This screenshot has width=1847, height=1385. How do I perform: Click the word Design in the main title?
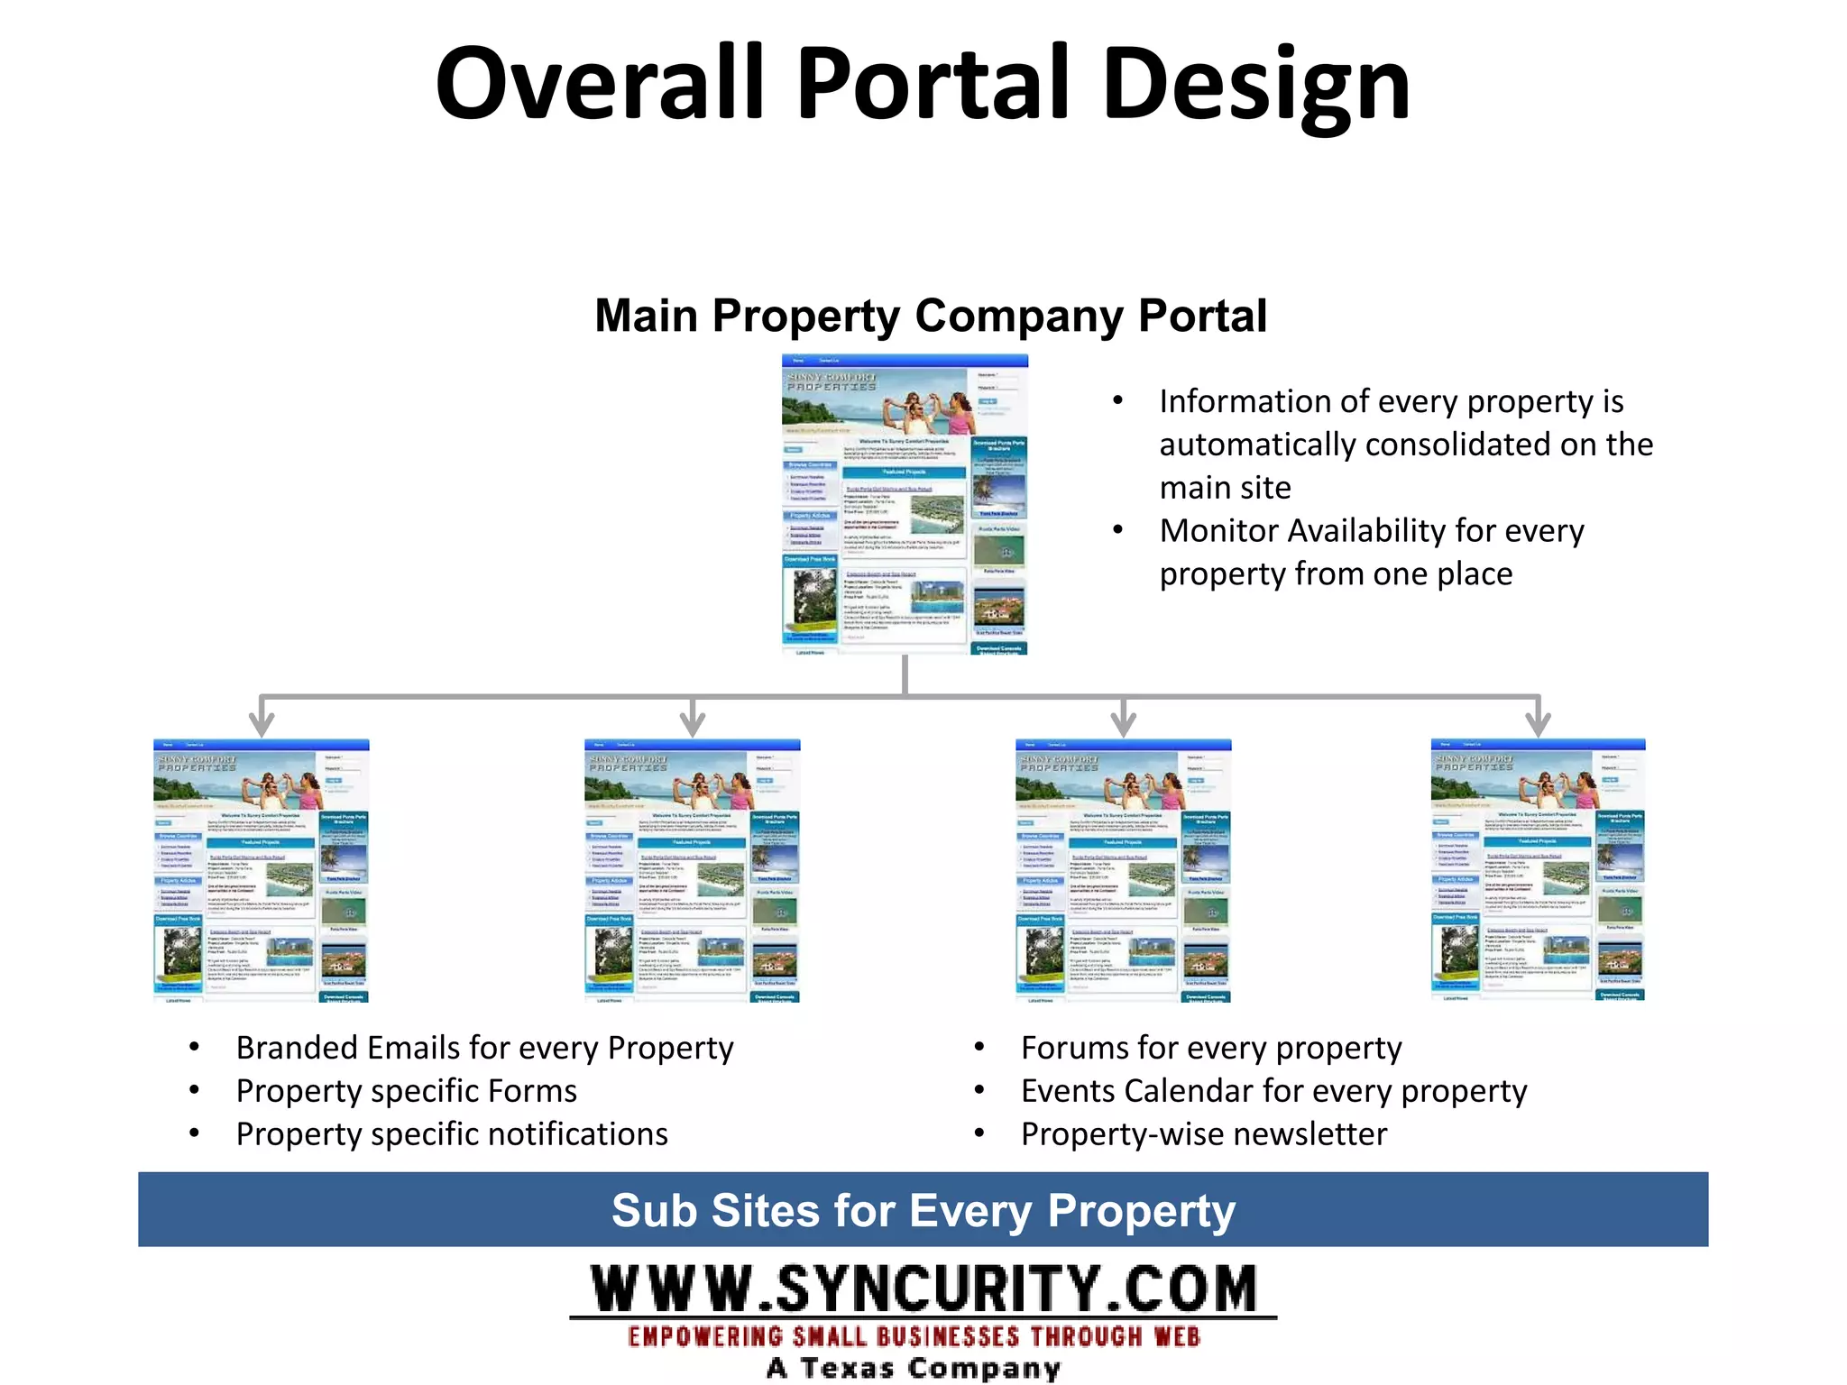[1255, 86]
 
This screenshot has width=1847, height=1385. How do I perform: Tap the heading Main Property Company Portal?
[931, 316]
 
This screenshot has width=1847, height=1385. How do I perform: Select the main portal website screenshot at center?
[905, 505]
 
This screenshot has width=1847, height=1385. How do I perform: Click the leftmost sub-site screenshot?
[262, 871]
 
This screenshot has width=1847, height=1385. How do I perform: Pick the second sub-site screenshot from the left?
[693, 871]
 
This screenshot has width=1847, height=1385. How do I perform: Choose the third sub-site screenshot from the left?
[1123, 871]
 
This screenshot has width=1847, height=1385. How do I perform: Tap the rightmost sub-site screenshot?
[1538, 869]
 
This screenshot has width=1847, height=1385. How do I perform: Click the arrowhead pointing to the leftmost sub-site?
[262, 724]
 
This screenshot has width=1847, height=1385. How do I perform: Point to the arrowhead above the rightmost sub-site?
[1538, 724]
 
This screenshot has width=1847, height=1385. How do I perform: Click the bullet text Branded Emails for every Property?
[484, 1048]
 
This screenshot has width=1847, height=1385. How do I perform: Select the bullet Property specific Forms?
[406, 1091]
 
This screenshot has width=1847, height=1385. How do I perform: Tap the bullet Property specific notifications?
[451, 1134]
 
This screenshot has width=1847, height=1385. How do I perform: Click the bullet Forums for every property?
[1211, 1048]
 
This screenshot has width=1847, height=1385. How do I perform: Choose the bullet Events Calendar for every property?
[1273, 1091]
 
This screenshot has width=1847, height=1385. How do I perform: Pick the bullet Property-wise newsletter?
[1204, 1134]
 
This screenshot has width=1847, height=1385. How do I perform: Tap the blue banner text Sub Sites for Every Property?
[923, 1210]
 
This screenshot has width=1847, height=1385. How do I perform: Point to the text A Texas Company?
[913, 1367]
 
